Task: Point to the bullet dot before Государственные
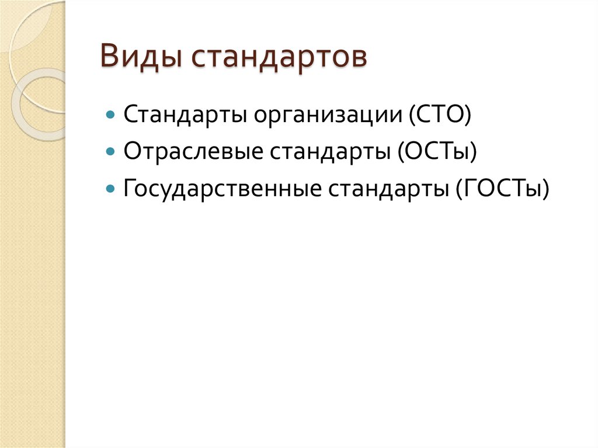click(111, 189)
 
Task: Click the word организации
click(324, 114)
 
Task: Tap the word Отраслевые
click(192, 151)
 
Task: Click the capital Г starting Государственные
click(129, 189)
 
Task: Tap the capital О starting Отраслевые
click(131, 151)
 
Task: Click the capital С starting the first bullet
click(130, 114)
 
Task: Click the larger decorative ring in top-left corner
click(35, 35)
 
